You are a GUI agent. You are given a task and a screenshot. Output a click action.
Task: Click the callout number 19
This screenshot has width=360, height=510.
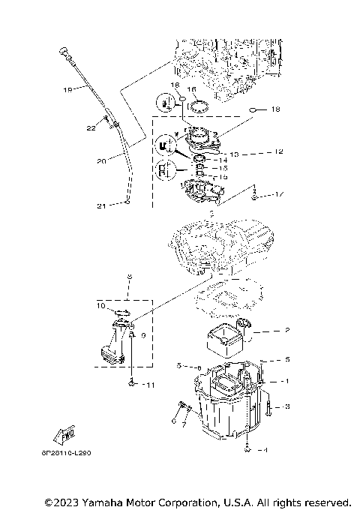[67, 90]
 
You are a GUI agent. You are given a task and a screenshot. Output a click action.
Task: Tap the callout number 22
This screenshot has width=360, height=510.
[91, 128]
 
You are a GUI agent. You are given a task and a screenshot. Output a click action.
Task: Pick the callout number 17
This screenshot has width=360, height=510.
[280, 195]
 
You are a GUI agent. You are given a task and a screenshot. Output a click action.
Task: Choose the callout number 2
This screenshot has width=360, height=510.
[286, 329]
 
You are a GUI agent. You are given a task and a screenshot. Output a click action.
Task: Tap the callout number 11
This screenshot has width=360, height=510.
[150, 385]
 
